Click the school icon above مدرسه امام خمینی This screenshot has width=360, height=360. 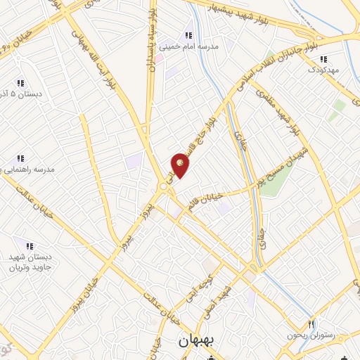click(188, 35)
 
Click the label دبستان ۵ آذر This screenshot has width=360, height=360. click(20, 94)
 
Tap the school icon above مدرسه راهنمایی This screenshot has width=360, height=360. click(20, 158)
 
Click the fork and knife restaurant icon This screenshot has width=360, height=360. click(311, 324)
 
